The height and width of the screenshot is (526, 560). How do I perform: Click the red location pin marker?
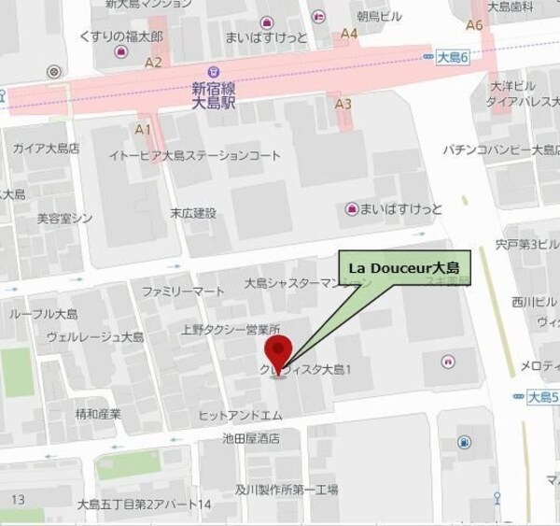coord(276,353)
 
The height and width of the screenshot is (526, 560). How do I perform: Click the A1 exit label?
coord(144,128)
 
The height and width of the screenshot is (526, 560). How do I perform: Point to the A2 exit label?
coord(154,62)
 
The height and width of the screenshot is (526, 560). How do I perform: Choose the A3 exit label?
coord(343,104)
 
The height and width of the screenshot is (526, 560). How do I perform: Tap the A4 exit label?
coord(350,34)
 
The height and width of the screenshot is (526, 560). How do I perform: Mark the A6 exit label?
coord(474,25)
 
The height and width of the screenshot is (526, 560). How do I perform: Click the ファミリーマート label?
coord(183,291)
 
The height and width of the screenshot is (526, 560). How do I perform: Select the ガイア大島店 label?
coord(45,149)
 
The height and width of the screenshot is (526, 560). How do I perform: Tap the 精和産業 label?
coord(98,414)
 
